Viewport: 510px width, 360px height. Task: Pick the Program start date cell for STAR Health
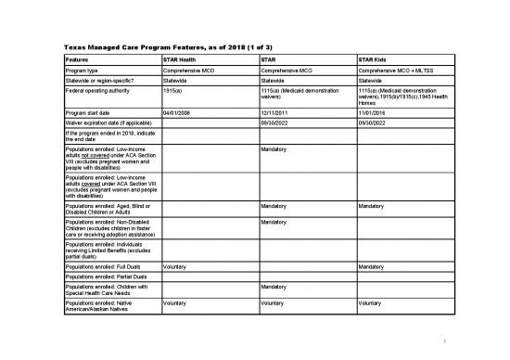pos(178,112)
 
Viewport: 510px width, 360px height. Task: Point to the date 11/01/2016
pos(376,112)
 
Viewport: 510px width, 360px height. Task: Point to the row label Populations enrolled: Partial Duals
pos(105,277)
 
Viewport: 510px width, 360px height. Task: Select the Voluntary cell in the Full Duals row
pos(175,267)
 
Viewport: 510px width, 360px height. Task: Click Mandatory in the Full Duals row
pos(374,267)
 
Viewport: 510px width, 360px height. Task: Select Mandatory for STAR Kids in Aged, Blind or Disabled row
pos(374,206)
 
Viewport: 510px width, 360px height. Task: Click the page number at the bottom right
pos(447,339)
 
